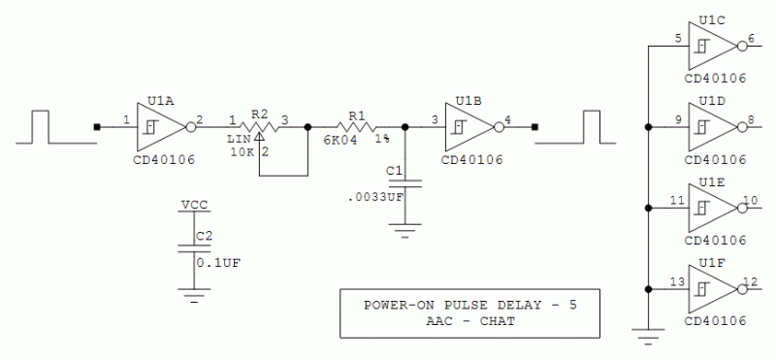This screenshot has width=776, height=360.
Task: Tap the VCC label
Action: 194,206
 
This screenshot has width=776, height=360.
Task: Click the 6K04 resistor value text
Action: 339,142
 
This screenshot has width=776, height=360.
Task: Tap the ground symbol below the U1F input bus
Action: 646,335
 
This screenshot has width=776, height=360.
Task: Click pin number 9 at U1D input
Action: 679,120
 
